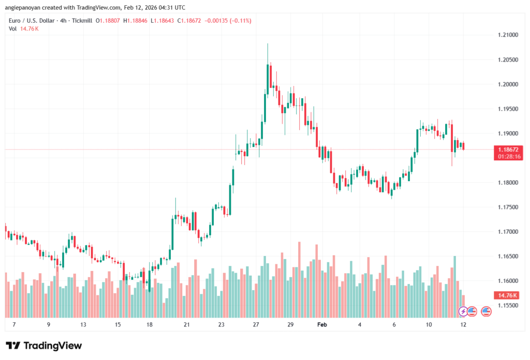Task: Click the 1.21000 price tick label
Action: coord(507,35)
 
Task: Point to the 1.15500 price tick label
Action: coord(507,305)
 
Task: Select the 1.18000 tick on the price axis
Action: coord(507,183)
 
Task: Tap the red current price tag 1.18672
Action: coord(506,149)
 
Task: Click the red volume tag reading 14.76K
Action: coord(506,295)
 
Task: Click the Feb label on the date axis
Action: coord(322,324)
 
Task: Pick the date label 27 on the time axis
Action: coord(256,324)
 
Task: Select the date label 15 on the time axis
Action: coord(117,324)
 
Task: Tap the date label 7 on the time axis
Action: coord(13,324)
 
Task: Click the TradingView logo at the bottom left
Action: coord(44,346)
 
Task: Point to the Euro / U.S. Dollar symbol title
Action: coord(33,20)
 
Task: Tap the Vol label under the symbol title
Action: coord(13,28)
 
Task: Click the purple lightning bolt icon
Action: coord(463,311)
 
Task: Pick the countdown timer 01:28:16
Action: coord(506,156)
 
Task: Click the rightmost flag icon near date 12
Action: coord(485,311)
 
